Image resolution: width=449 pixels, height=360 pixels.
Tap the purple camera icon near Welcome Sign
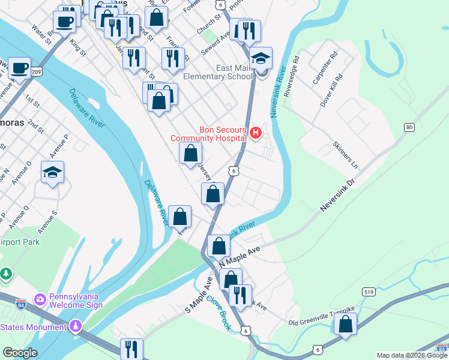pos(40,298)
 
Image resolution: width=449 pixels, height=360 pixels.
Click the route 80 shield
pos(409,127)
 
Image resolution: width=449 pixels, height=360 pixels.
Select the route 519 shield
pos(370,292)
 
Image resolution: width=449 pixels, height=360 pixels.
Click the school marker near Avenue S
pos(52,173)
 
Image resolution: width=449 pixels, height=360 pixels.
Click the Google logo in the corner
pos(20,353)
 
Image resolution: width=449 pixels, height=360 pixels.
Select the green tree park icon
pos(6,274)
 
